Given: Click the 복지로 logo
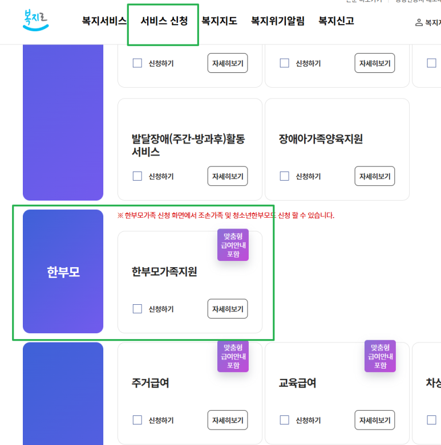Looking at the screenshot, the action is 36,21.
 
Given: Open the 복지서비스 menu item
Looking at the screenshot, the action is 104,22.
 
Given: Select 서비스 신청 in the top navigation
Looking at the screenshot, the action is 164,22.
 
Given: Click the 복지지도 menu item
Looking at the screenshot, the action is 219,22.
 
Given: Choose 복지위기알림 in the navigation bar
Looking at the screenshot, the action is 277,22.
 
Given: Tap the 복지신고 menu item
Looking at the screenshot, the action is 336,22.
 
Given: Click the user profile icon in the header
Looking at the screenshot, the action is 419,23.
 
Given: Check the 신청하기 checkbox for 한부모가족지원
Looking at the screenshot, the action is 137,309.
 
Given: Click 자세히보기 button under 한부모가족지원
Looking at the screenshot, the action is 228,309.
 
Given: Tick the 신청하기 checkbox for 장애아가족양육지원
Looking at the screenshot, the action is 285,176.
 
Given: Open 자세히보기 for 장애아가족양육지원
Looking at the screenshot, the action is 375,176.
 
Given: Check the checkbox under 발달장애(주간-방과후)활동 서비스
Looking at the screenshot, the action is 137,176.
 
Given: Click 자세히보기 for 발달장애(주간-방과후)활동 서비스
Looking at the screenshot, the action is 228,176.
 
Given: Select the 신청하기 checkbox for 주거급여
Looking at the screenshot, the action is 137,420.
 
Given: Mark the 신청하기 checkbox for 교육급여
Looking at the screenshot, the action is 285,420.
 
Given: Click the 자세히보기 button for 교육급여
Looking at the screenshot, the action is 375,420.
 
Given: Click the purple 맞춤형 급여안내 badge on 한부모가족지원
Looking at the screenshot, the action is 233,245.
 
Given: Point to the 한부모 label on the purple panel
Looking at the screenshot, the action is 63,272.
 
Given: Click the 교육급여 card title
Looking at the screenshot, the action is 297,383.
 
